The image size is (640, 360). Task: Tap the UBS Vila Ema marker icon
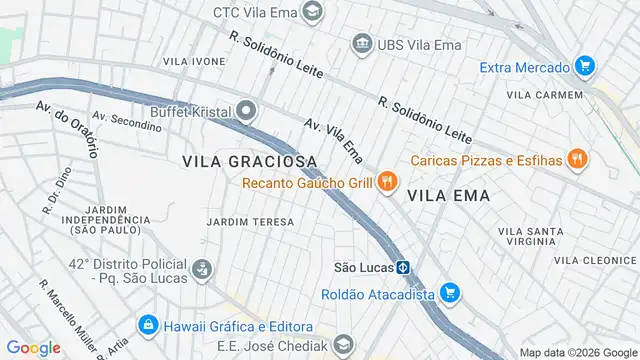[x=360, y=44]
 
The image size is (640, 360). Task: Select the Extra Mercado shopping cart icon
[x=585, y=68]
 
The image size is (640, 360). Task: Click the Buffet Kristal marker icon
[x=246, y=112]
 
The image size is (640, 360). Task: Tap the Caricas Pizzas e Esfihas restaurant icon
[x=577, y=159]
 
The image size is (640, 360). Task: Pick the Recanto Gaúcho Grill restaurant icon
[x=388, y=182]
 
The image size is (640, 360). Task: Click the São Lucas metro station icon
[x=402, y=268]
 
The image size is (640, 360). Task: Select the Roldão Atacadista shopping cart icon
[x=450, y=294]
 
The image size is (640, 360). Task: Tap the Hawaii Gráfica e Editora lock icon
[x=148, y=325]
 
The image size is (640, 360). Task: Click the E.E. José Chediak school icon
[x=344, y=344]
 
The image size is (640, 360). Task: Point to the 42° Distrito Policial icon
[x=202, y=268]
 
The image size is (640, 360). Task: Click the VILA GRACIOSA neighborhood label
[x=250, y=160]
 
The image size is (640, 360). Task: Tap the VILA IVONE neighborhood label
[x=194, y=61]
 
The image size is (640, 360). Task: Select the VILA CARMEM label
[x=545, y=94]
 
